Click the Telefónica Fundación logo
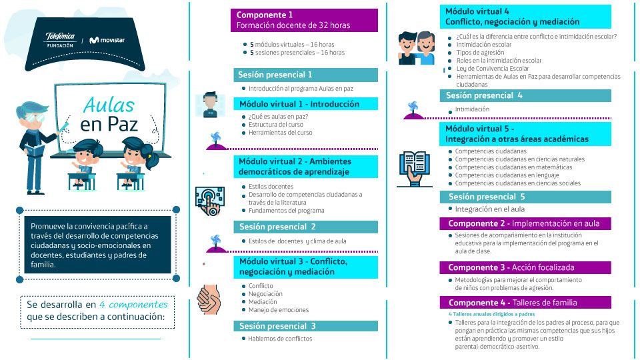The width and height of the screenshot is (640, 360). tap(60, 40)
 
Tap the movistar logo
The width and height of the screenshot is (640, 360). tap(107, 40)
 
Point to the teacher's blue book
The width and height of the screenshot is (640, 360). tap(34, 151)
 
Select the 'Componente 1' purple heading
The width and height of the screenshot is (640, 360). tap(304, 20)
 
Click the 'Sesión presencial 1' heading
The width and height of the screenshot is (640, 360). tap(305, 75)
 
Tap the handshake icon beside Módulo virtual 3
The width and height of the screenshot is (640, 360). tap(209, 299)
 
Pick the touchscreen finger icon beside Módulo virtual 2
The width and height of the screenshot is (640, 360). tap(210, 201)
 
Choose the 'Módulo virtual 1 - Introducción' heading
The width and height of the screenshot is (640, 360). tap(305, 104)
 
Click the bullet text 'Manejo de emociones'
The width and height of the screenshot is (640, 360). tap(279, 310)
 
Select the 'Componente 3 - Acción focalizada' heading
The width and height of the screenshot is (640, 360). tap(525, 267)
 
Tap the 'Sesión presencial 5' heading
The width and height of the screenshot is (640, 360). tap(525, 197)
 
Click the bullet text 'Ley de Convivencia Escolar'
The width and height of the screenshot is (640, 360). tap(493, 69)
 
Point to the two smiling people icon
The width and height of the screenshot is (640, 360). tap(416, 48)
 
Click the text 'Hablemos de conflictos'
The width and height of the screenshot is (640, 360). tap(280, 339)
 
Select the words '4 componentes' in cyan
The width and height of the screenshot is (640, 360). tap(133, 305)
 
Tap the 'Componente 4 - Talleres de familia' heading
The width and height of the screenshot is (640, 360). tap(525, 303)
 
